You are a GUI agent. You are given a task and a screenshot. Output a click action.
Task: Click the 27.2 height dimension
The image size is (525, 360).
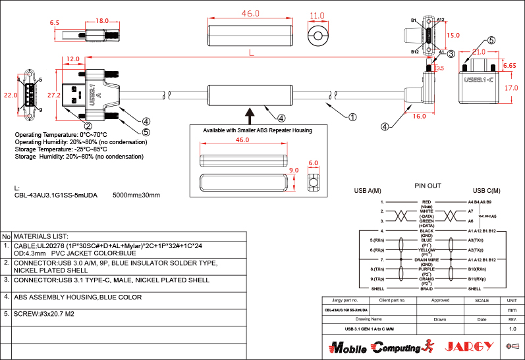click(x=55, y=95)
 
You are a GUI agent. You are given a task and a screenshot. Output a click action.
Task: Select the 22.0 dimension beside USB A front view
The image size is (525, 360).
click(x=9, y=95)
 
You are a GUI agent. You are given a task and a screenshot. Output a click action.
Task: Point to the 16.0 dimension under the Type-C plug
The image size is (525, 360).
click(x=420, y=116)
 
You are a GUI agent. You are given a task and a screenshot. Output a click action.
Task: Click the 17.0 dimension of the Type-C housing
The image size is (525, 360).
click(x=511, y=87)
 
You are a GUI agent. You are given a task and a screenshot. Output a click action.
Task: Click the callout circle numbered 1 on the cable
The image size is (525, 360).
click(x=352, y=117)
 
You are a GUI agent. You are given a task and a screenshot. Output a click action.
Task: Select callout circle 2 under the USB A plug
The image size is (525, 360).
click(x=87, y=125)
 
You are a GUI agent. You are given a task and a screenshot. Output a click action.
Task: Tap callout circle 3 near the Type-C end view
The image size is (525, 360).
click(x=451, y=53)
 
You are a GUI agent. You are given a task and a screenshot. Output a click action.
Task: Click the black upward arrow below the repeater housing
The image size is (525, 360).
click(x=250, y=116)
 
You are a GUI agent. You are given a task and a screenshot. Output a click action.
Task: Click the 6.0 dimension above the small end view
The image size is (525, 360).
click(x=313, y=163)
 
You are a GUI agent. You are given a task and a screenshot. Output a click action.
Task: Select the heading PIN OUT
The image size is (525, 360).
click(x=428, y=186)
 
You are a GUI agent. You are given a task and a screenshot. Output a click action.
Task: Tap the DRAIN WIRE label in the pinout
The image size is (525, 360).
click(x=426, y=260)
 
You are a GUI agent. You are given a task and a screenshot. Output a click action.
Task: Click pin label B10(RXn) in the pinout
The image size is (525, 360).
click(x=477, y=269)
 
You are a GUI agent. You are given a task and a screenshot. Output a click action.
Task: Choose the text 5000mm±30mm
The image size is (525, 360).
click(x=136, y=195)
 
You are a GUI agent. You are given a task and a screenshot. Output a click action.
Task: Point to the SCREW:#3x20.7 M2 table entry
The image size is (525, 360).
click(x=47, y=314)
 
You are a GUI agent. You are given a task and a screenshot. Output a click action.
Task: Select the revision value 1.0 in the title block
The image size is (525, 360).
click(x=512, y=328)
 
